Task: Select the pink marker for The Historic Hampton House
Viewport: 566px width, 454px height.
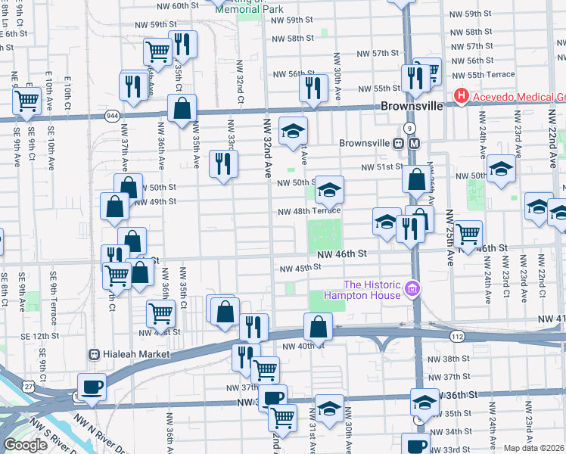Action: tap(412, 288)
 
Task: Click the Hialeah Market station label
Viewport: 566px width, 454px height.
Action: tap(129, 354)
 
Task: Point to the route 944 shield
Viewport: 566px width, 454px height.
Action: tap(112, 115)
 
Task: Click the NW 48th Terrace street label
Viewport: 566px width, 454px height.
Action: tap(309, 212)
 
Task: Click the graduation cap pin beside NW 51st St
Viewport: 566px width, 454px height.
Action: tap(500, 169)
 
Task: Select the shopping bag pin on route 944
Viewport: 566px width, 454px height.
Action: tap(182, 109)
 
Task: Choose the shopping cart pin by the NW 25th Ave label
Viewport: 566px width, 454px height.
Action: tap(468, 234)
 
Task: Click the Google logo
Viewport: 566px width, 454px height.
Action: tap(25, 445)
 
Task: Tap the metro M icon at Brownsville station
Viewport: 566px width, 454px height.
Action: tap(414, 144)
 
